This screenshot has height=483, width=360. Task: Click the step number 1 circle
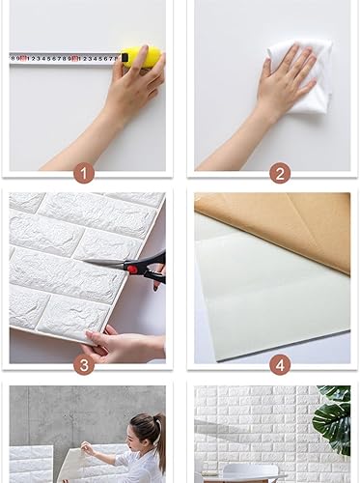point(86,174)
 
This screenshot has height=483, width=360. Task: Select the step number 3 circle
point(86,364)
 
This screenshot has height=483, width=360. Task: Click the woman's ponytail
point(158,434)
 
